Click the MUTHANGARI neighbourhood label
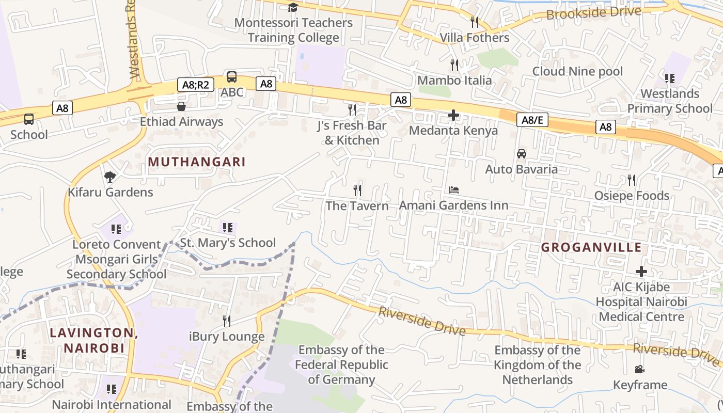197,162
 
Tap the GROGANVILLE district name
591,247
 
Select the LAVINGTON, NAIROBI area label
94,340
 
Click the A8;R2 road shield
195,85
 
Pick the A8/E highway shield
532,120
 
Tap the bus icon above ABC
232,77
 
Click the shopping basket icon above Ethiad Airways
181,106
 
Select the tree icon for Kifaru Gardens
109,177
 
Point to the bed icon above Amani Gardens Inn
454,190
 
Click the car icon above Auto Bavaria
522,154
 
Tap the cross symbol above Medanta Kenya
453,115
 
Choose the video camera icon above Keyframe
640,369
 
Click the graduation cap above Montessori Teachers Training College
293,7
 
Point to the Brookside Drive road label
593,13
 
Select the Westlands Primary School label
670,101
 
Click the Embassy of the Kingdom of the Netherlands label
538,365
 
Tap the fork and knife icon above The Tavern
357,190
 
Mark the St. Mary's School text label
228,243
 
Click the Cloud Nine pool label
577,71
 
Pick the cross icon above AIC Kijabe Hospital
641,272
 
